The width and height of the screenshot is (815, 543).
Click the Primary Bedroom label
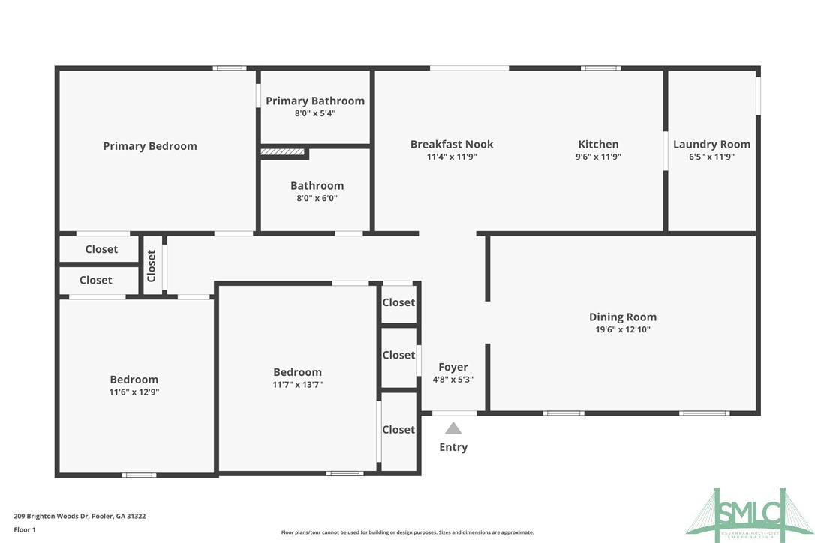point(150,146)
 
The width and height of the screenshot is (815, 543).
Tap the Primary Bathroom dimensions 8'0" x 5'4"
point(315,113)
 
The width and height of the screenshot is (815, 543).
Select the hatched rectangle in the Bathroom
point(283,152)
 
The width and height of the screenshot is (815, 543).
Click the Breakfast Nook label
point(452,144)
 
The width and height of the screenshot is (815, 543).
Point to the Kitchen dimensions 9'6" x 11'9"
point(598,157)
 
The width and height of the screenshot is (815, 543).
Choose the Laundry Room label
point(711,144)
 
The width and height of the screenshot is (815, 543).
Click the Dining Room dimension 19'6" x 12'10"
point(622,329)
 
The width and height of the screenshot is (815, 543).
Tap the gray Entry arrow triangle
point(453,428)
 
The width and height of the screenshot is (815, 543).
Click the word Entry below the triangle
point(453,447)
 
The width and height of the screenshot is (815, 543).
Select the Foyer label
point(453,367)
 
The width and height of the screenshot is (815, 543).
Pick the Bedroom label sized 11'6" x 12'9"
point(134,379)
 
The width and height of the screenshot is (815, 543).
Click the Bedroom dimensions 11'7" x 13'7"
point(297,385)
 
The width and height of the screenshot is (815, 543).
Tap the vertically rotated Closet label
point(152,265)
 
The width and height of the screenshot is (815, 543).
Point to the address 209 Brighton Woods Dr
point(80,516)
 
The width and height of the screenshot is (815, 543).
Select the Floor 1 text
point(25,529)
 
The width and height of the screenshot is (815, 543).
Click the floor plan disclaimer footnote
point(407,532)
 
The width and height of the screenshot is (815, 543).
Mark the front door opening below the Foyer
point(454,413)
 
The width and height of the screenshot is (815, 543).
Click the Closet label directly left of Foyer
point(398,355)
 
